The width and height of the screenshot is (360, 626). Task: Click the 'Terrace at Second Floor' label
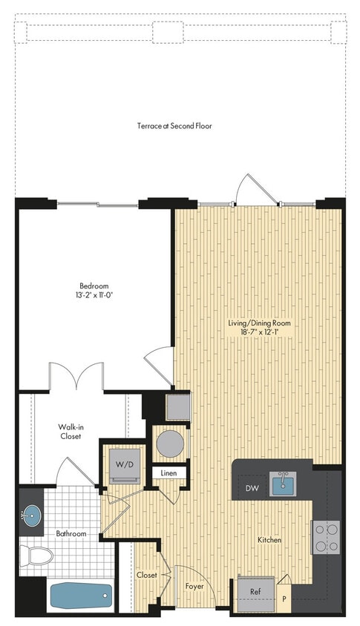click(174, 126)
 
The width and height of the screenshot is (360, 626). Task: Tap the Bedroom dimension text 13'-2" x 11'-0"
click(94, 294)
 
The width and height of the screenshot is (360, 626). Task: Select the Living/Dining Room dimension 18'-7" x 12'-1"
click(259, 333)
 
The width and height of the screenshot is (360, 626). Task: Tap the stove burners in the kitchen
click(325, 536)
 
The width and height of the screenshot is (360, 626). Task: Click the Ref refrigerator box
click(255, 593)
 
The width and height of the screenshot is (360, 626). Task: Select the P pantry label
click(283, 597)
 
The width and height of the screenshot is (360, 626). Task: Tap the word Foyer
click(195, 585)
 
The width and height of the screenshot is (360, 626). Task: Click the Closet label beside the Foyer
click(146, 576)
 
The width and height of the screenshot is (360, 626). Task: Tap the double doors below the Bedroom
click(76, 376)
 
